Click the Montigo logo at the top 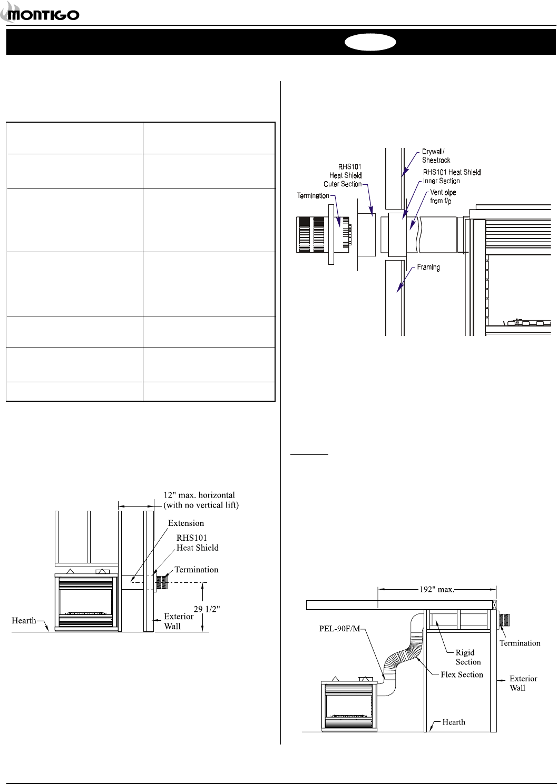click(40, 13)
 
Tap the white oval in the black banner click(370, 42)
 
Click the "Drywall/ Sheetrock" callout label click(436, 156)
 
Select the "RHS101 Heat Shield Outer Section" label click(343, 175)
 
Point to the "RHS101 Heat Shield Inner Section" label click(452, 176)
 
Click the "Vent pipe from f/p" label click(443, 196)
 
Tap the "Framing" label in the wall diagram click(428, 267)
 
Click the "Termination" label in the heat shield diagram click(313, 196)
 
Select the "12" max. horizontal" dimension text click(199, 495)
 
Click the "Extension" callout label click(185, 523)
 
